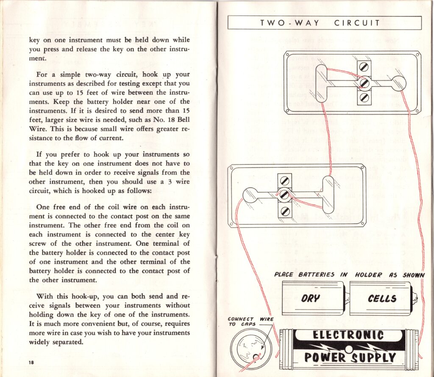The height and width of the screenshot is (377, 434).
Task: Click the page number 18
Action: coord(31,362)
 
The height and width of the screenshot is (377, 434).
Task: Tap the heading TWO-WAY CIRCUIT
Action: coord(324,23)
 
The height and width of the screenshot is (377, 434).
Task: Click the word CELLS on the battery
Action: coord(382,298)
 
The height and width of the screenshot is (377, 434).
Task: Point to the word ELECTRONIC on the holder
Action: coord(348,336)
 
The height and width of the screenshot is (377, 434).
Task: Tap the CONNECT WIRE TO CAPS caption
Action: coord(250,322)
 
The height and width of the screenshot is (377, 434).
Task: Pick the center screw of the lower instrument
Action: coord(285,195)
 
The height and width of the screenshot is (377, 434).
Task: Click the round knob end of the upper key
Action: coord(398,83)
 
